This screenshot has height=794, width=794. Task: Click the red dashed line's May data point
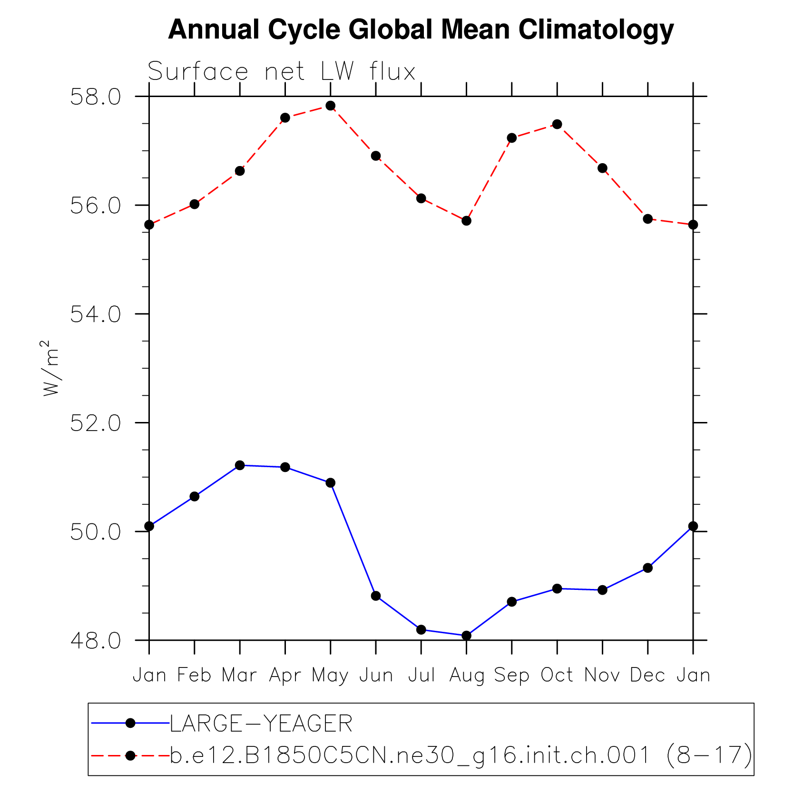tap(331, 106)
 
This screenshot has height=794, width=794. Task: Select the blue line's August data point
tap(466, 636)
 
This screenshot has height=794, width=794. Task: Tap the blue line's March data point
tap(240, 465)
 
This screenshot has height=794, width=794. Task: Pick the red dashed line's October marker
tap(557, 124)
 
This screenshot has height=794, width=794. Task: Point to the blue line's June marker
tap(376, 596)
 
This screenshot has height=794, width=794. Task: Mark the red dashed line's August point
tap(466, 221)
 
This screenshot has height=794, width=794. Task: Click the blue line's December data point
tap(647, 568)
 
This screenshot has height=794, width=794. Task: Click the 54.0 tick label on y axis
tap(96, 314)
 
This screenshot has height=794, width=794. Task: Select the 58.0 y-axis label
tap(96, 97)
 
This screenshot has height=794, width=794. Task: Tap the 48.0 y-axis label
tap(96, 641)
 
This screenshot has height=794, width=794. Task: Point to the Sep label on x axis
tap(511, 676)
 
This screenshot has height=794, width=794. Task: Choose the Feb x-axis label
tap(194, 676)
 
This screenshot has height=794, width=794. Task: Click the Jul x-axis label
tap(422, 676)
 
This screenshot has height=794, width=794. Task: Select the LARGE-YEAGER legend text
tap(261, 724)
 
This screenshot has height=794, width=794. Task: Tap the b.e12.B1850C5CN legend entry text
tap(461, 755)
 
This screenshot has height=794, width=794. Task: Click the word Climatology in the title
tap(596, 29)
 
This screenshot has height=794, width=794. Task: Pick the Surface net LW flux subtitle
tap(282, 72)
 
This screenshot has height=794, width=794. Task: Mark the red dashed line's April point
tap(285, 118)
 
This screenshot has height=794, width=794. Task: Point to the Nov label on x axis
tap(602, 676)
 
